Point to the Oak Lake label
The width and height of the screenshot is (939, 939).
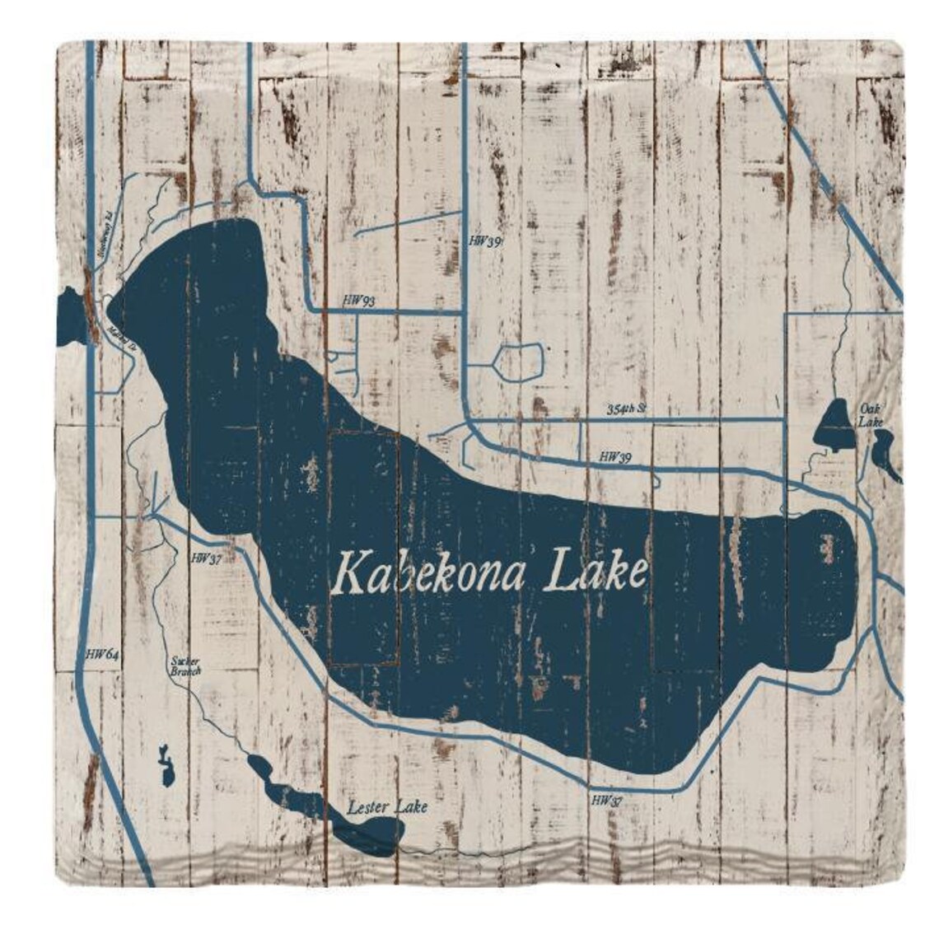pyautogui.click(x=871, y=414)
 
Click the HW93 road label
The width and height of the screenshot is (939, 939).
pyautogui.click(x=360, y=302)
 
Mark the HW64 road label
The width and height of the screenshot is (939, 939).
pyautogui.click(x=103, y=655)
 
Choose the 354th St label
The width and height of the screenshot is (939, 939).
pyautogui.click(x=628, y=409)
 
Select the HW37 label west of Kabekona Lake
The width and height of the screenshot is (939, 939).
pyautogui.click(x=206, y=558)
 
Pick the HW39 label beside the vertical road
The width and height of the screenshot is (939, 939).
pyautogui.click(x=484, y=241)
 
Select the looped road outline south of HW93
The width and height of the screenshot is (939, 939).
pyautogui.click(x=520, y=362)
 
